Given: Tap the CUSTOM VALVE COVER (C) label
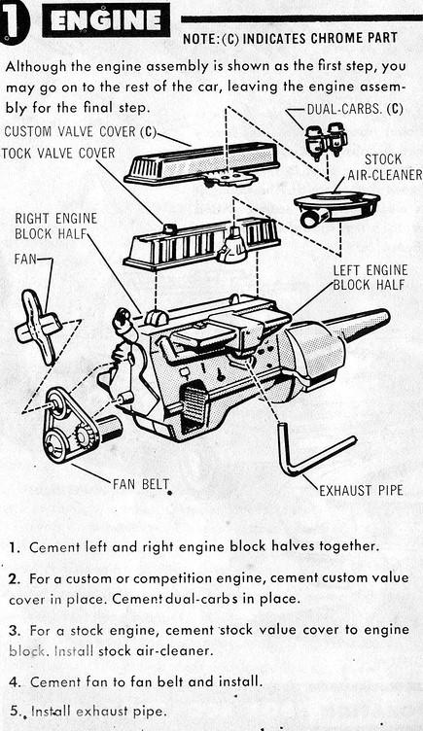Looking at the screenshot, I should click(x=80, y=132).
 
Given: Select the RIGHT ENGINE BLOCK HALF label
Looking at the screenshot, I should click(x=57, y=226).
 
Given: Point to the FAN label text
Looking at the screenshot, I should click(x=26, y=261).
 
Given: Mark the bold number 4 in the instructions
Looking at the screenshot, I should click(x=13, y=681).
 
